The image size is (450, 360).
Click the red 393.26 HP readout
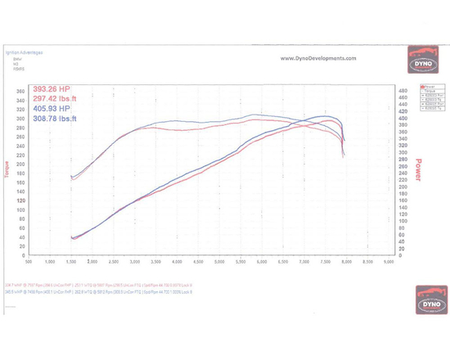[52, 89]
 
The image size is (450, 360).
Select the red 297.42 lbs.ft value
[56, 100]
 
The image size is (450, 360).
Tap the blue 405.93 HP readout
[52, 110]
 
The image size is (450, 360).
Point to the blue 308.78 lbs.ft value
[56, 120]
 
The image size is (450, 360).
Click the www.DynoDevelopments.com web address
[319, 58]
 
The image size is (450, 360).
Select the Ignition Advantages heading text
[25, 52]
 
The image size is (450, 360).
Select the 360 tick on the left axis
[20, 91]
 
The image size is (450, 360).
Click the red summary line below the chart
[102, 285]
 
